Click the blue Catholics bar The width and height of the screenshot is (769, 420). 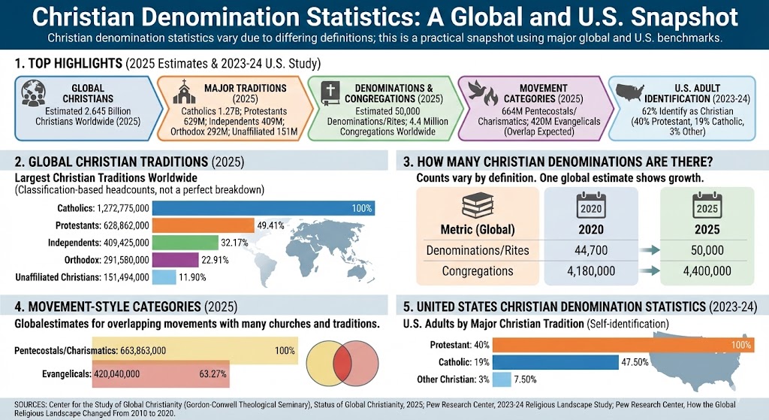point(264,208)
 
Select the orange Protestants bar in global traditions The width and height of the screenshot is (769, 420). point(203,225)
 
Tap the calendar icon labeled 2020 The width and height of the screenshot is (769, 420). point(590,205)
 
